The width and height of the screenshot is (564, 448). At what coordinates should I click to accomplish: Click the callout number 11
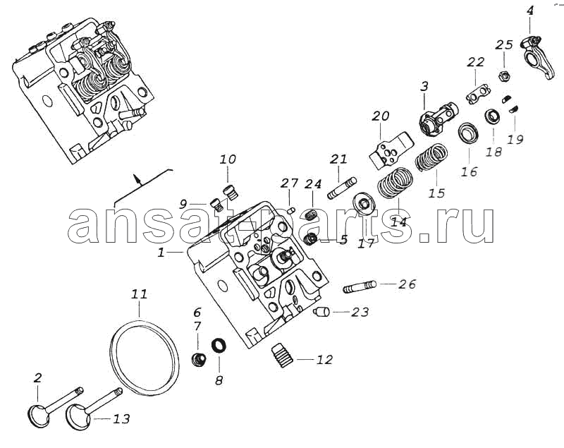click(139, 295)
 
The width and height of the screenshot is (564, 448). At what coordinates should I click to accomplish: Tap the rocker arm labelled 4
click(535, 58)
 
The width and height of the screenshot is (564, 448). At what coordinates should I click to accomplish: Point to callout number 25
click(504, 45)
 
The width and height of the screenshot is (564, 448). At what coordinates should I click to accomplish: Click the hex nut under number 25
click(503, 76)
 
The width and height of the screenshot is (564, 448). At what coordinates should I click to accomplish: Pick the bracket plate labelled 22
click(478, 94)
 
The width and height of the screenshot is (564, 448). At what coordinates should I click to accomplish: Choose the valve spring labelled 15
click(431, 157)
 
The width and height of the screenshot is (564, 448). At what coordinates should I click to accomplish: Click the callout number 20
click(380, 116)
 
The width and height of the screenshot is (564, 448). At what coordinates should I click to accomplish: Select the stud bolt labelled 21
click(342, 187)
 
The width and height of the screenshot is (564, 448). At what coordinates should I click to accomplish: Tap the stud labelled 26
click(360, 287)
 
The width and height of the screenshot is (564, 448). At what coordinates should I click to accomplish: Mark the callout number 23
click(360, 312)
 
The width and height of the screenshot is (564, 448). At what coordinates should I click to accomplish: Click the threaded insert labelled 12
click(282, 355)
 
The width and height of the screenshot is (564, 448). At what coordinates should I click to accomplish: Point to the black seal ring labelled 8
click(219, 346)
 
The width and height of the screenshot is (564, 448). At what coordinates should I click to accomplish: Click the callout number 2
click(38, 377)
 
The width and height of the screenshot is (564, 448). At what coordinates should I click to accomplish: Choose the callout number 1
click(161, 253)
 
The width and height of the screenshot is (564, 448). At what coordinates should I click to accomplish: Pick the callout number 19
click(515, 139)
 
